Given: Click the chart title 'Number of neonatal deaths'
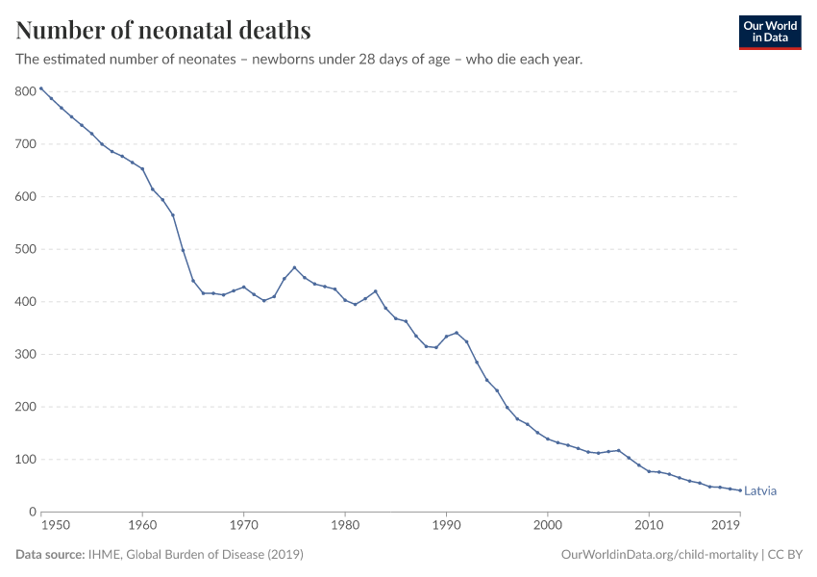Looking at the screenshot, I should pyautogui.click(x=163, y=31).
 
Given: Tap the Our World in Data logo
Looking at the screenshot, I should pyautogui.click(x=769, y=32).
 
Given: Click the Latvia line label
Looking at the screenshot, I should pyautogui.click(x=759, y=491).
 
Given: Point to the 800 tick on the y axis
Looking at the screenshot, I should pyautogui.click(x=25, y=91).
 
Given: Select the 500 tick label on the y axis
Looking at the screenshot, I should pyautogui.click(x=25, y=249).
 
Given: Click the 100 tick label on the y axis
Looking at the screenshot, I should pyautogui.click(x=25, y=460).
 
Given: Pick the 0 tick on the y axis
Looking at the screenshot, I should pyautogui.click(x=32, y=512).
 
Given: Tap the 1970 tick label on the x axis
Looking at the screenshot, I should pyautogui.click(x=244, y=526).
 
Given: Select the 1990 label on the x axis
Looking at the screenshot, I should pyautogui.click(x=446, y=526).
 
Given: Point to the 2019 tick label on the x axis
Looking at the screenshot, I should pyautogui.click(x=726, y=526).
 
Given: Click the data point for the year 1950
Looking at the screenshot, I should pyautogui.click(x=41, y=88).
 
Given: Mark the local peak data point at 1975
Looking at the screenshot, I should pyautogui.click(x=294, y=267).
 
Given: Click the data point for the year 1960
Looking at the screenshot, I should pyautogui.click(x=142, y=168).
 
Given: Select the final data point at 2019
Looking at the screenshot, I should pyautogui.click(x=739, y=490).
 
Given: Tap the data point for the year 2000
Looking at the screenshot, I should pyautogui.click(x=547, y=439).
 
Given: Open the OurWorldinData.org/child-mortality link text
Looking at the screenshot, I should pyautogui.click(x=658, y=555).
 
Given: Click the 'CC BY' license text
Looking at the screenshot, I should pyautogui.click(x=785, y=555).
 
